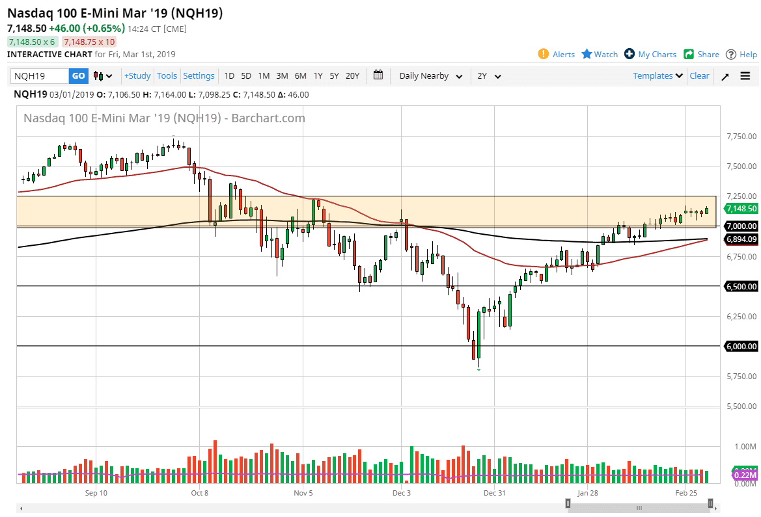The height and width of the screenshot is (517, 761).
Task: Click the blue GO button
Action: pos(78,76)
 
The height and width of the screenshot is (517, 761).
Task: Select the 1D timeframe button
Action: pos(229,76)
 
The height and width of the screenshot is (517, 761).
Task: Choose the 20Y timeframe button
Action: pos(352,76)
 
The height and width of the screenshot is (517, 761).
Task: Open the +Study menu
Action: pos(137,76)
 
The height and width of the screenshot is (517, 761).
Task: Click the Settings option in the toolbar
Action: pos(199,76)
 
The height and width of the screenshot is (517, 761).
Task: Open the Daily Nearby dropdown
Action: pos(431,76)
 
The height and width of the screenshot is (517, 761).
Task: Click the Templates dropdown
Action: pos(658,76)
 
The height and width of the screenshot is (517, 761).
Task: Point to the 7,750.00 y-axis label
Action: pos(741,137)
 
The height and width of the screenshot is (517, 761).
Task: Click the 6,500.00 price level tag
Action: pos(741,286)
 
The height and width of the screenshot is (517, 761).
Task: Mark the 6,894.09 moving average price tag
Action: pos(741,239)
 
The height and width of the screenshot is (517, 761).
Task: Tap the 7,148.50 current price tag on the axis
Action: pos(741,209)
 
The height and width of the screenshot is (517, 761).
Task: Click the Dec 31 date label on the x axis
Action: pos(494,493)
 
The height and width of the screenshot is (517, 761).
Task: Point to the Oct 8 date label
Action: pos(200,493)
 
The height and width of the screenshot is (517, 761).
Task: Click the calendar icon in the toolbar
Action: pos(378,75)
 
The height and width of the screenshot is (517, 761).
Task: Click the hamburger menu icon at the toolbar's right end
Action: pos(745,76)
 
